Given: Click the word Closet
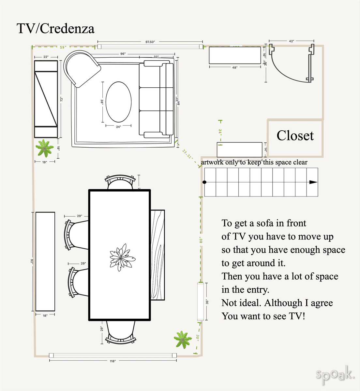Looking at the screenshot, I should (295, 136).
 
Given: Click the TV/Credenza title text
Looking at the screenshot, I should (55, 29).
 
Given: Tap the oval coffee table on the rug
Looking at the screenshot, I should (118, 102).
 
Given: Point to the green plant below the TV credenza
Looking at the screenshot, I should (44, 148).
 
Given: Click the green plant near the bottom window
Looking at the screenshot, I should (183, 339).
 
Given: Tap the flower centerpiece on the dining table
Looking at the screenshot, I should (122, 257).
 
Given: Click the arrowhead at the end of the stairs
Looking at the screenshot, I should (313, 182).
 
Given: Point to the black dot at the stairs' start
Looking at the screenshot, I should (204, 182).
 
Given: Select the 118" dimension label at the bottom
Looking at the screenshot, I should (113, 361).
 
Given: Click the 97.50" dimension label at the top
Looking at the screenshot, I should (150, 42).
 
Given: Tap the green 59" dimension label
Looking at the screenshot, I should (63, 47).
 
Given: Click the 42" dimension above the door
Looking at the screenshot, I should (291, 41).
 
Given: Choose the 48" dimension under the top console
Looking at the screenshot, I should (235, 67).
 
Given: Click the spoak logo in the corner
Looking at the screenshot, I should (335, 375).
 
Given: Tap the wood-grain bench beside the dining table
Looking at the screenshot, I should (158, 255).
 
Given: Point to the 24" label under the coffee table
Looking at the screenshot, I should (118, 127).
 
